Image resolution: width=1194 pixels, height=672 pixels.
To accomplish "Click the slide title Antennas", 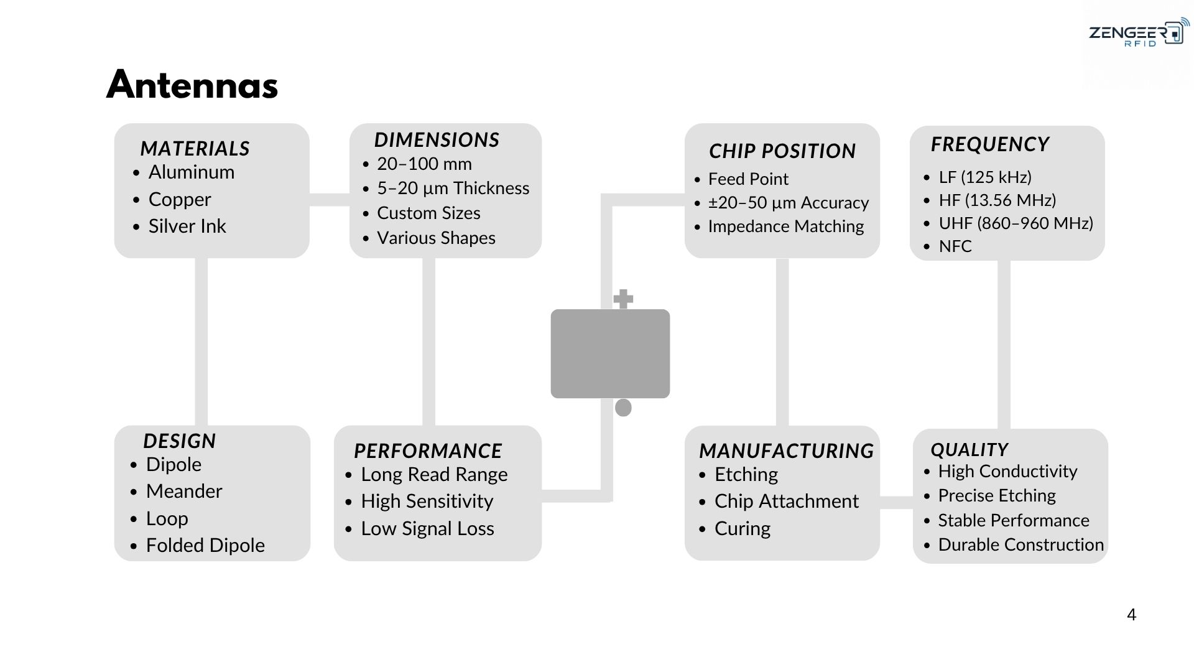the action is coord(192,85).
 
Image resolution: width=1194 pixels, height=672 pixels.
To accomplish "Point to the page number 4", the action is coord(1131,615).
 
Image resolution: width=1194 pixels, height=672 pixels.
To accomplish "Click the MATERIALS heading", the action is coord(195,149).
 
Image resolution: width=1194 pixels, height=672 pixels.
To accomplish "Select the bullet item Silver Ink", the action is coord(187,226).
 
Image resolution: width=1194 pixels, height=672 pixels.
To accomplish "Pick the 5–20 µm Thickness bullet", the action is coord(453,189).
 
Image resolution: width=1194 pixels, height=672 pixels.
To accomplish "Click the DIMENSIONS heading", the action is coord(437,140).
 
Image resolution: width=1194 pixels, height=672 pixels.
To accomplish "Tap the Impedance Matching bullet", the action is coord(786,226).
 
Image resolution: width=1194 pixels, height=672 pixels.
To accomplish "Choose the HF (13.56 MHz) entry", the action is coord(997,200).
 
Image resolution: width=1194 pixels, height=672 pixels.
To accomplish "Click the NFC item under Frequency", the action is coord(955,246).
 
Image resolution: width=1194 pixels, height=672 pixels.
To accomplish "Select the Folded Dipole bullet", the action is coord(205,546).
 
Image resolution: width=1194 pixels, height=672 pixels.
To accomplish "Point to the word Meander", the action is coord(184,492).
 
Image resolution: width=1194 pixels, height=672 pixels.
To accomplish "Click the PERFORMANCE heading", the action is coord(428,451).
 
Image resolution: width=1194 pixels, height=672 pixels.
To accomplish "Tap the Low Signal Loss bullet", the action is coord(427,529).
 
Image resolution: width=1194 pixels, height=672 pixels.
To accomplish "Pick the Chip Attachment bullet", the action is coord(787,502).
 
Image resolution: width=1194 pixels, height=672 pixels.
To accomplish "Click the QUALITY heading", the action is coord(969,450).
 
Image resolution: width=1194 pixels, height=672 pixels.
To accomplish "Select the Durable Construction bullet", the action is coord(1021,545).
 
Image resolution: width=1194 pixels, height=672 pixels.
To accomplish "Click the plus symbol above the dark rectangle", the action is coord(623,299).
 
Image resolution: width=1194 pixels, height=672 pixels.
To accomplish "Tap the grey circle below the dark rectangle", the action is coord(623,408).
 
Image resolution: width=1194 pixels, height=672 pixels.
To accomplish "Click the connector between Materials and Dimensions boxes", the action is coord(330,200).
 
